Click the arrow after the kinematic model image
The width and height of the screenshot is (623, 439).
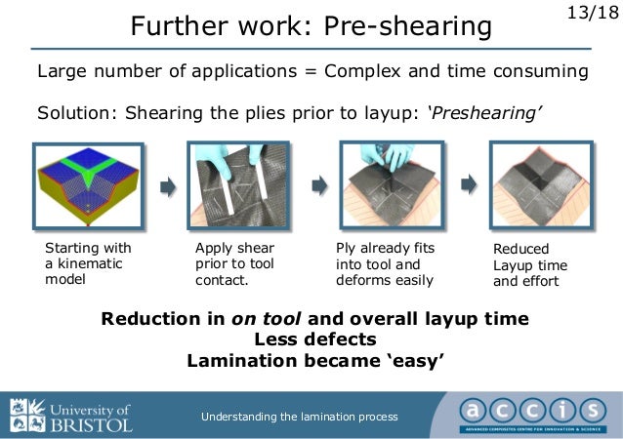(x=167, y=186)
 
